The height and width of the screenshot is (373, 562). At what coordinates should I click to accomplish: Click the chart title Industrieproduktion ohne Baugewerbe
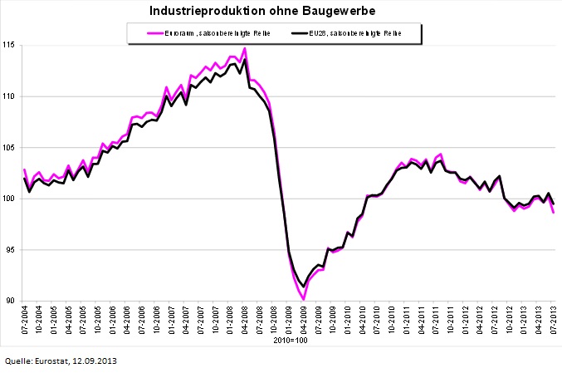point(280,11)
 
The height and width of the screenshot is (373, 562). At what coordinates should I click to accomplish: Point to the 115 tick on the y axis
point(10,45)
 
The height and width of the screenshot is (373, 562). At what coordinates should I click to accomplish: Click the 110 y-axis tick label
point(10,96)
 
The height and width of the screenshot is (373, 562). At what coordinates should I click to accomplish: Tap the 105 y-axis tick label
point(10,148)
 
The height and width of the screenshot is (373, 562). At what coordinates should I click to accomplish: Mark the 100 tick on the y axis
point(10,199)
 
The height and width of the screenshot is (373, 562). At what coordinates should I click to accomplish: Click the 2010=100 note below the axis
point(289,341)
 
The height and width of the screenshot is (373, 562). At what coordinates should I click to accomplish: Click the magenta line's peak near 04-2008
point(245,48)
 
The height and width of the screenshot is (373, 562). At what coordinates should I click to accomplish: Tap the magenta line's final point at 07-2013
point(554,213)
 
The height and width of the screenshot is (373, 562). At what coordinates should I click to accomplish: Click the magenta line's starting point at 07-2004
point(24,169)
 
